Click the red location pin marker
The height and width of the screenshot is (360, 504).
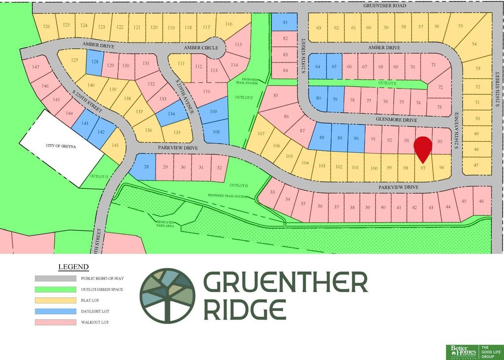pos(422,148)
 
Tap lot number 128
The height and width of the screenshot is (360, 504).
pos(95,62)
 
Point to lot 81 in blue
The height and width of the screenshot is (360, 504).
pos(285,22)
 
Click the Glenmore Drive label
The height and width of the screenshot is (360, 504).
pos(396,120)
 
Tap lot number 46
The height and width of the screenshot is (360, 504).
pos(481,201)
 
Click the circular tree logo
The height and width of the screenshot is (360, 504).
pos(167,296)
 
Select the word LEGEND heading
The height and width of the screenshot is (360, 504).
pos(73,267)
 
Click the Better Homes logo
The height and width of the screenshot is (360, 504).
pos(462,352)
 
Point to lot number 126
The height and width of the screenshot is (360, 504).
pos(47,26)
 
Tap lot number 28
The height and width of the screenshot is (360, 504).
pos(146,167)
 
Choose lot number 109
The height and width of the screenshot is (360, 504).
pos(213,112)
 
